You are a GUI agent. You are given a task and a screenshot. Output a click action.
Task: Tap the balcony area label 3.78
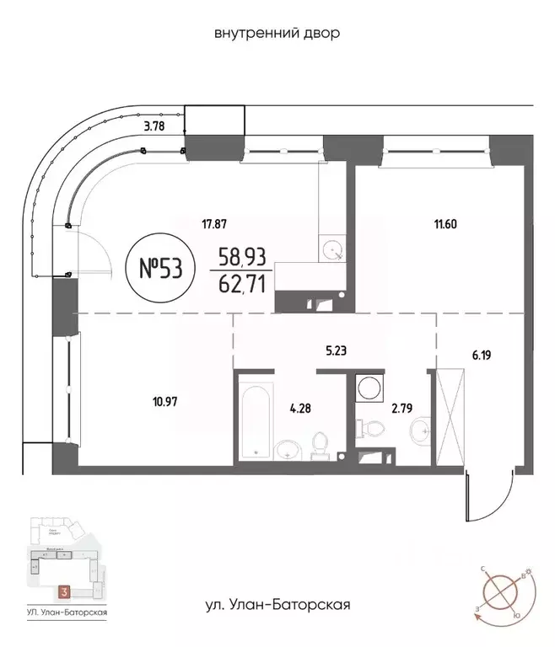pyautogui.click(x=153, y=128)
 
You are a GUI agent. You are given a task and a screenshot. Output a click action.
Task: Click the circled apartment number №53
pyautogui.click(x=159, y=269)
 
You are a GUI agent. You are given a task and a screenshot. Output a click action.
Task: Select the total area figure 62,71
pyautogui.click(x=242, y=283)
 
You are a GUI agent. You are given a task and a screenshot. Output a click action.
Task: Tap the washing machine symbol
pyautogui.click(x=369, y=388)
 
